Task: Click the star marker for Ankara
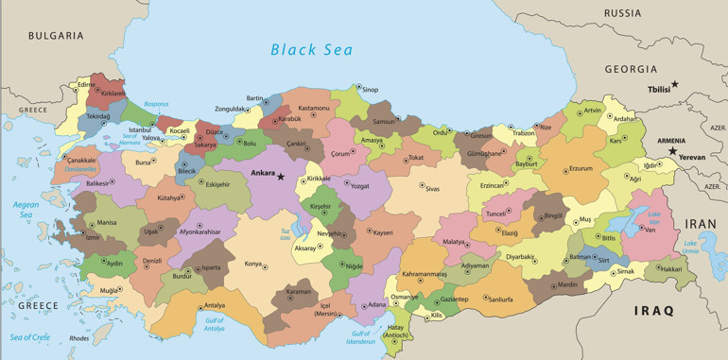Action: click(280, 176)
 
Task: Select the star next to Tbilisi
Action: click(674, 84)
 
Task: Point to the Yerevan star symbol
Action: click(672, 150)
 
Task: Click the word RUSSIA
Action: click(622, 13)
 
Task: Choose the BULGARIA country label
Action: click(56, 36)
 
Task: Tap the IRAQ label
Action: click(653, 310)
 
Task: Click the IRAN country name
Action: click(702, 224)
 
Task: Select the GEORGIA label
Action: click(631, 69)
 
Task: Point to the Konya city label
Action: click(252, 264)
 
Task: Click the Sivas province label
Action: click(432, 189)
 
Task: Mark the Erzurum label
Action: click(580, 169)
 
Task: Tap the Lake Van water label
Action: click(654, 220)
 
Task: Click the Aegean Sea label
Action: click(26, 209)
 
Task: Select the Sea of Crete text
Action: click(29, 337)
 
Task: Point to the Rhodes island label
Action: click(79, 338)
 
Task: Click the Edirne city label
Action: click(87, 84)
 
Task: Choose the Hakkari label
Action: click(670, 269)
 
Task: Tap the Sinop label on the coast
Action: click(370, 90)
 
